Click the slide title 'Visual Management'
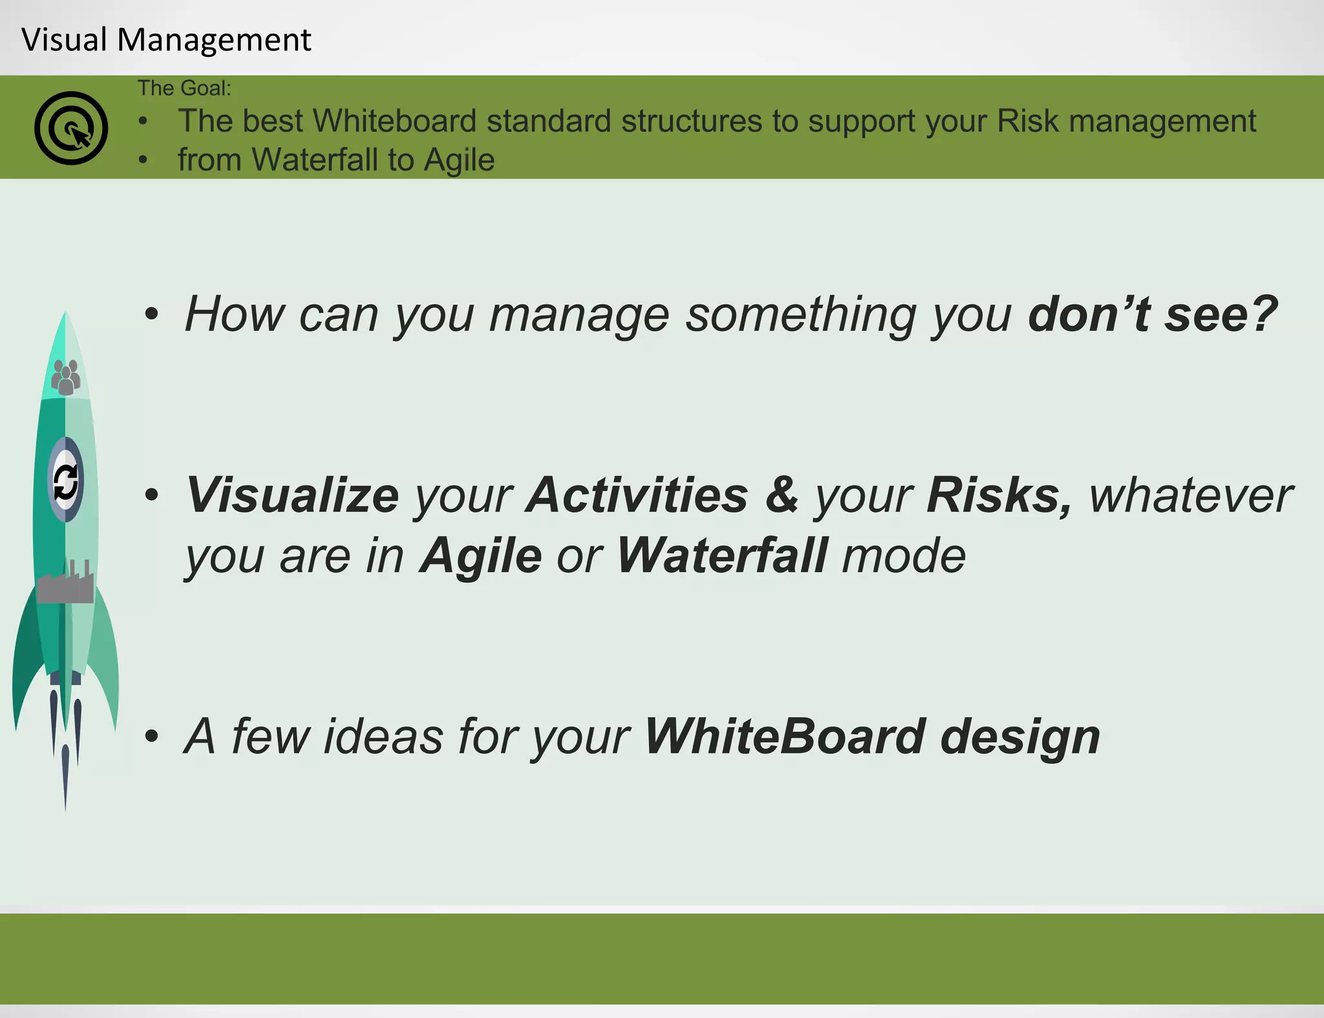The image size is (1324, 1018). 166,39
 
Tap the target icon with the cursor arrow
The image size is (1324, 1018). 71,128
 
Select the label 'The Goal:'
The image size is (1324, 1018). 184,88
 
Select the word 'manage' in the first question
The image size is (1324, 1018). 579,315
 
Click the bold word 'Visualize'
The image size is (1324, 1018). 292,495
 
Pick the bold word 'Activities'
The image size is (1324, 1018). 637,495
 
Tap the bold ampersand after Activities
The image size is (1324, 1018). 782,495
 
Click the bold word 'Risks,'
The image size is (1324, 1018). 999,495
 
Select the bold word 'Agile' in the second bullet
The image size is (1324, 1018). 480,555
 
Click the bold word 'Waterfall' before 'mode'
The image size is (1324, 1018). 721,555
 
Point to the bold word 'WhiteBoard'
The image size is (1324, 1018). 785,736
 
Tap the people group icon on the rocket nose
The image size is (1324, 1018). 66,377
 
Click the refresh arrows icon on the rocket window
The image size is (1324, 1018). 65,482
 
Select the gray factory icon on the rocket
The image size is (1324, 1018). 65,583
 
